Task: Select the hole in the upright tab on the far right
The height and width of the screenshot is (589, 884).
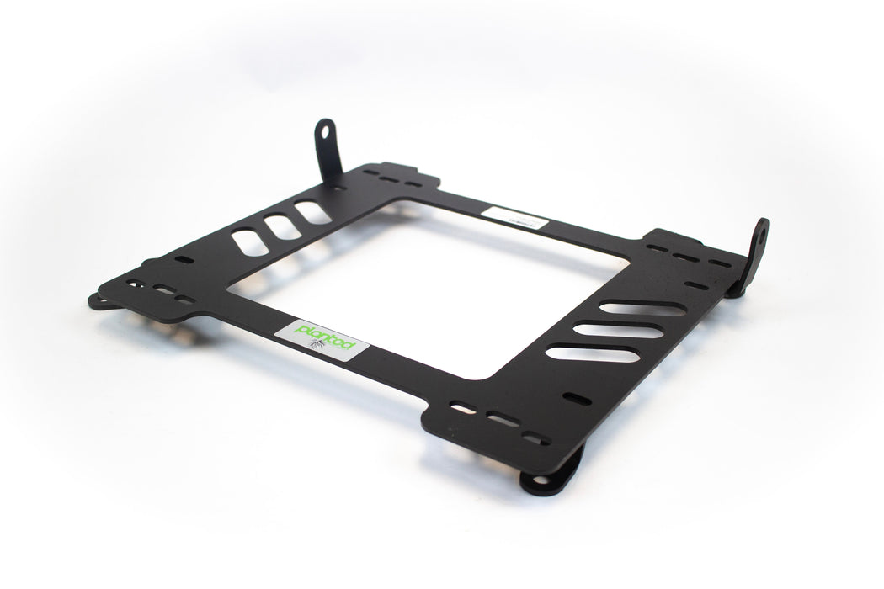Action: pyautogui.click(x=761, y=236)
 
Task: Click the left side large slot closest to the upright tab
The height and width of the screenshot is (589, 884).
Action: pyautogui.click(x=312, y=212)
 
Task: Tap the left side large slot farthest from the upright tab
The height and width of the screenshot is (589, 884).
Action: pyautogui.click(x=250, y=243)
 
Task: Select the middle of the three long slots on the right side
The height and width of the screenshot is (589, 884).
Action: pyautogui.click(x=618, y=331)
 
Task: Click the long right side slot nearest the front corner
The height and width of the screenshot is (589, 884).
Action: pyautogui.click(x=592, y=354)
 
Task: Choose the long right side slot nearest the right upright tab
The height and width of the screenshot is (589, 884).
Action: pyautogui.click(x=642, y=309)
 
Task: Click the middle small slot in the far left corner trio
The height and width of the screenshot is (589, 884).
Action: pyautogui.click(x=162, y=291)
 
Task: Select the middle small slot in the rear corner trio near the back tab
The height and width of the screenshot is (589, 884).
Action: pyautogui.click(x=389, y=178)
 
